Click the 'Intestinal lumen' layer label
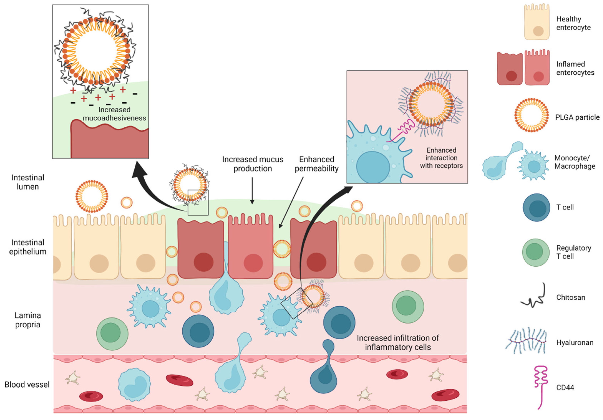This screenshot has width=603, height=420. tap(28, 182)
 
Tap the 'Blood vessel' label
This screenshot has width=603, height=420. tap(27, 385)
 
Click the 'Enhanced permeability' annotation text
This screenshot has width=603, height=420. tap(316, 164)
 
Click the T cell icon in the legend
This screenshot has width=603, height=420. tap(536, 208)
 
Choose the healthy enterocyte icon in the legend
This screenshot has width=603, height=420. tap(537, 22)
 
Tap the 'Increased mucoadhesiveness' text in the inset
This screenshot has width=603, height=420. tap(114, 114)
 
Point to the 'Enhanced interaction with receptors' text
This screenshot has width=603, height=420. tap(441, 158)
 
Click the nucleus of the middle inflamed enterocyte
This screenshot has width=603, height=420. tap(253, 263)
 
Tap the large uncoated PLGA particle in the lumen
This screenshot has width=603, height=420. tap(92, 196)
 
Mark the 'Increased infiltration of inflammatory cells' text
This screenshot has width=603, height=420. tap(398, 343)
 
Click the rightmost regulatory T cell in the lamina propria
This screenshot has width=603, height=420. tap(408, 307)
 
